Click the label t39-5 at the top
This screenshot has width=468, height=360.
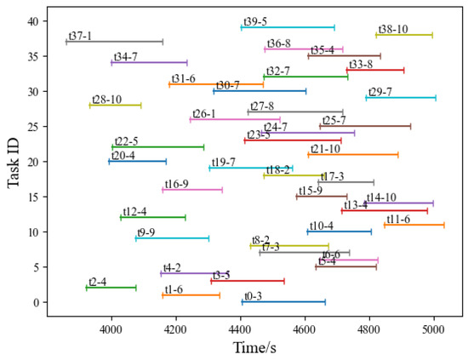[255, 21]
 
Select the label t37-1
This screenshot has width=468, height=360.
[80, 36]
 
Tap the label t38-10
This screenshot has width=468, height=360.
[393, 29]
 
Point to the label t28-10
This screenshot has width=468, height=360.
[106, 100]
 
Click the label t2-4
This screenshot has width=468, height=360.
[98, 282]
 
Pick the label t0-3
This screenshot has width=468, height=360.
[253, 296]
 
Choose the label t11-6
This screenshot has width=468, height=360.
[398, 219]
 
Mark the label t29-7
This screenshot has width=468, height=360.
[380, 92]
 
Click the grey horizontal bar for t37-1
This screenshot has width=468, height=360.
[114, 42]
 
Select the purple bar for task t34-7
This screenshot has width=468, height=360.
[149, 62]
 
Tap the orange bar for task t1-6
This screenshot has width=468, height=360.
[191, 295]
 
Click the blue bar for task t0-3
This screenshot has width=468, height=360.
[283, 302]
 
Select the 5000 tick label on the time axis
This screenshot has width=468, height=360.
[434, 328]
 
